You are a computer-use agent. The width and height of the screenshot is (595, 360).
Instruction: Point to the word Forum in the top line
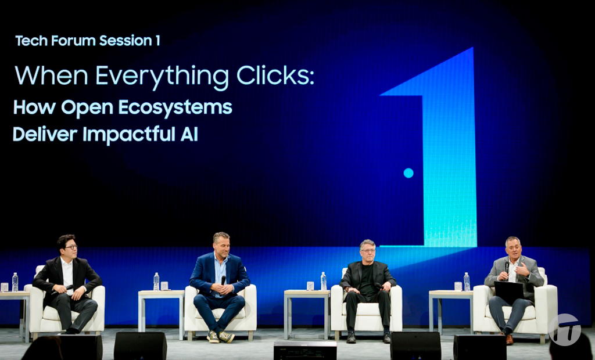73,41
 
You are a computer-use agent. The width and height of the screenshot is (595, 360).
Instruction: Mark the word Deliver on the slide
45,134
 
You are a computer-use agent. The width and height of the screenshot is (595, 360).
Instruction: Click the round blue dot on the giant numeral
408,172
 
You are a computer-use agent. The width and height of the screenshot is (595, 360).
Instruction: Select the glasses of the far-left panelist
69,247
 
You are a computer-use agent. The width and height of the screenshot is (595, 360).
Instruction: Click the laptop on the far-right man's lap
508,290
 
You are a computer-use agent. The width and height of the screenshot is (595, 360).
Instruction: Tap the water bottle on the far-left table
15,282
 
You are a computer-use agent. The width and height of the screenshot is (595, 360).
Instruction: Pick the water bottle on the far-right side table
467,282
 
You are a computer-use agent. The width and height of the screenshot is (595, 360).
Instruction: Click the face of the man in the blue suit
221,246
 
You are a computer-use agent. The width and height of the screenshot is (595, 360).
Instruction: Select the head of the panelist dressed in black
367,251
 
